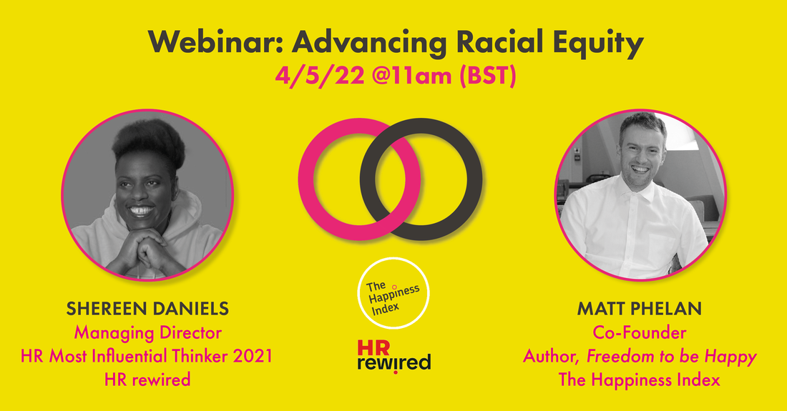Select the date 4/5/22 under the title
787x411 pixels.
pos(320,76)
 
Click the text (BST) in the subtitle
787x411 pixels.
pos(488,76)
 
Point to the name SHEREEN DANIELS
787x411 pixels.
pos(147,309)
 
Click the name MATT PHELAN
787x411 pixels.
pos(640,309)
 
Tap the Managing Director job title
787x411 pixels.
pos(147,333)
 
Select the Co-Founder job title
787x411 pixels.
pos(640,332)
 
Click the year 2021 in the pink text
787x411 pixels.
pos(253,356)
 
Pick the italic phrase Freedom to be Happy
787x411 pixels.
pos(672,357)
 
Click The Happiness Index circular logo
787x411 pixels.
pos(393,293)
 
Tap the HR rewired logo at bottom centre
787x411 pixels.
pos(394,357)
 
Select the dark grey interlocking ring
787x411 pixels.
pos(475,179)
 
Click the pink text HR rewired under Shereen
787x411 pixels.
pos(147,380)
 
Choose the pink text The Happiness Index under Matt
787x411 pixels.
pos(640,380)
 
